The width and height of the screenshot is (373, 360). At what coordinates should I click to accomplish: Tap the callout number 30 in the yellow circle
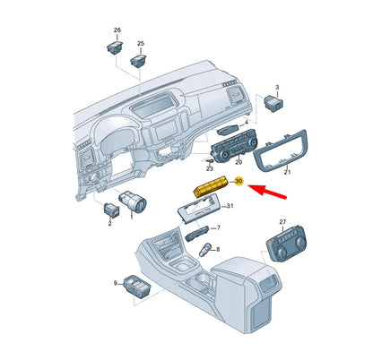[239, 182]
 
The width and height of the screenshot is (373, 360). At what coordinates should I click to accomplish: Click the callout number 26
[116, 31]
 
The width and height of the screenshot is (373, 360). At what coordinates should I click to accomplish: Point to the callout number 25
[141, 43]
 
